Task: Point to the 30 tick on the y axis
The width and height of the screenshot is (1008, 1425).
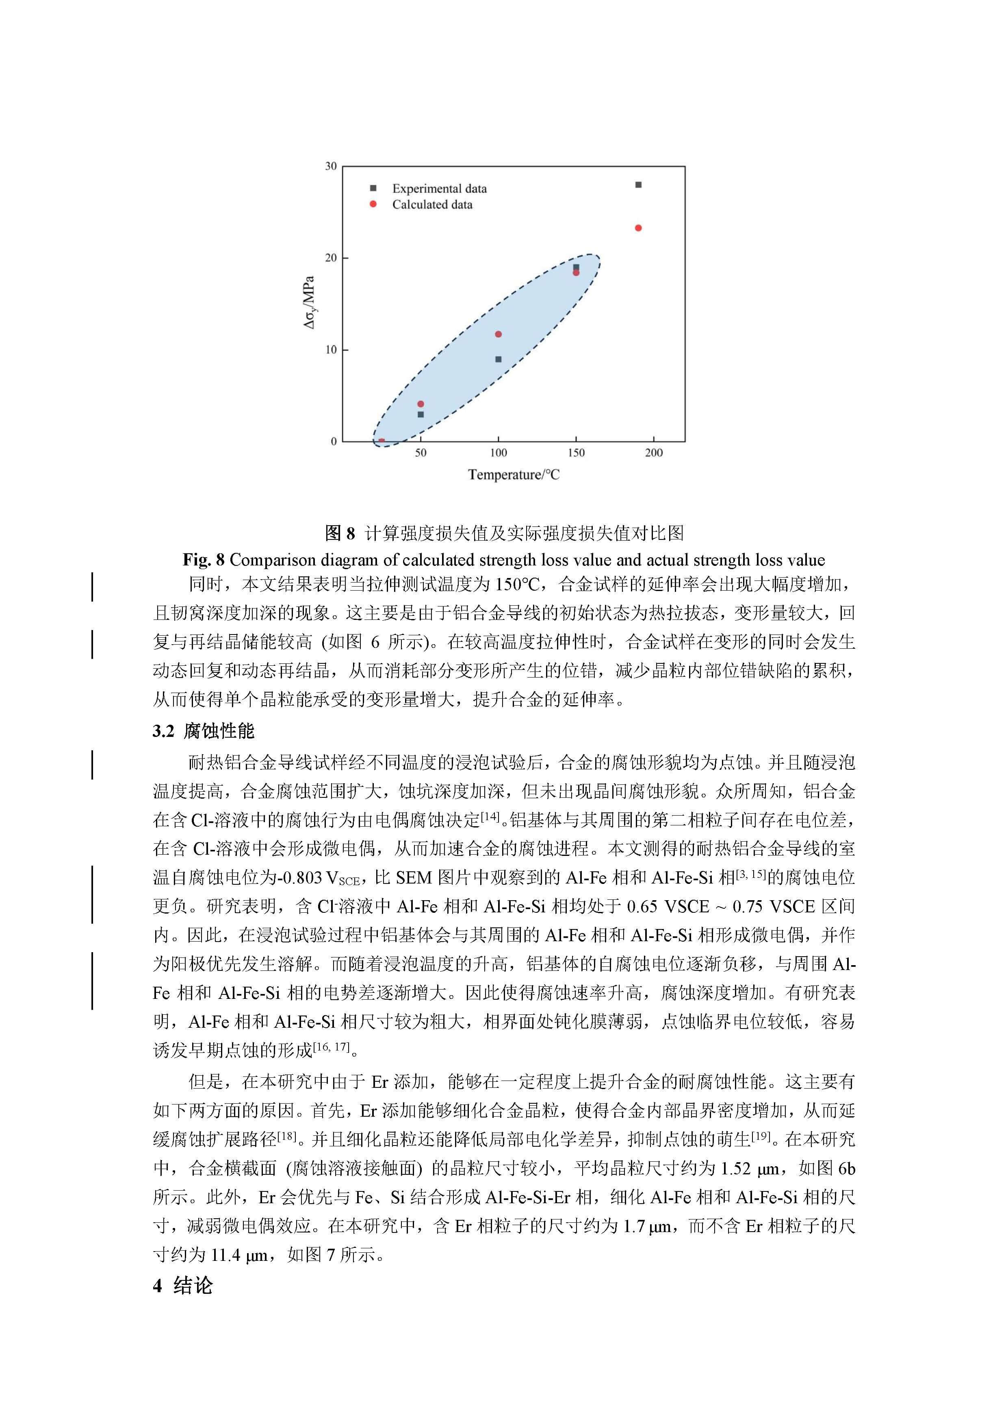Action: coord(331,166)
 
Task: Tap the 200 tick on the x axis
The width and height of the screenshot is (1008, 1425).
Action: coord(654,453)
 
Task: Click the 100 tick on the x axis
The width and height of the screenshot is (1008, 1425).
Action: coord(499,453)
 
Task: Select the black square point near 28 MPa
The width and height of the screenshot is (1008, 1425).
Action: coord(638,185)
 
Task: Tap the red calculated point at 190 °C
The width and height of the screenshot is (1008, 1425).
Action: coord(638,228)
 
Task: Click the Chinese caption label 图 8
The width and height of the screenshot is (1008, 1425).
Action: coord(340,533)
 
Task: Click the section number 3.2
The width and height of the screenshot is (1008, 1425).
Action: coord(164,731)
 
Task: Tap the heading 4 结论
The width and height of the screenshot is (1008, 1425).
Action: coord(183,1285)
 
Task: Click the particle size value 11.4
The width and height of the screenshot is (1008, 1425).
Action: coord(225,1255)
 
